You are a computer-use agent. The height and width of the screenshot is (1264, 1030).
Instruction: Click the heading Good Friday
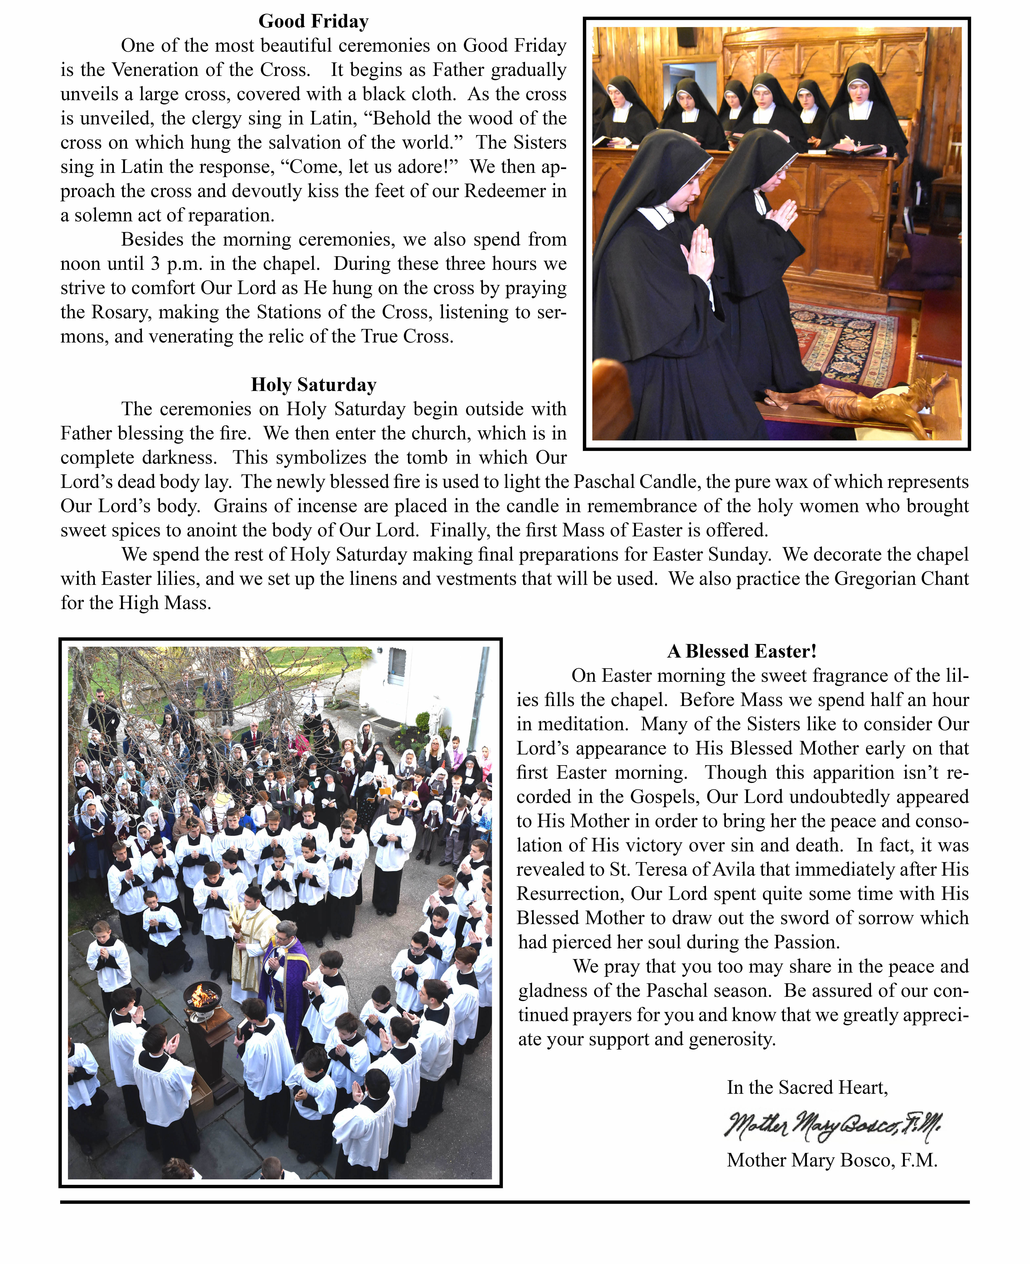[313, 21]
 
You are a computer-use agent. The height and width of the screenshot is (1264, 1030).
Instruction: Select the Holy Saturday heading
[313, 385]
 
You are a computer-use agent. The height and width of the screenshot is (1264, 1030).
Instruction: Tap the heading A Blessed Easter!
[742, 651]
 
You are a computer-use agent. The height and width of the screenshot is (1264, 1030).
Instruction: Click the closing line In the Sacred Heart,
[807, 1087]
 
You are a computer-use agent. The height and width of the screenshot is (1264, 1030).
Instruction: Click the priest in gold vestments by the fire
[252, 937]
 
